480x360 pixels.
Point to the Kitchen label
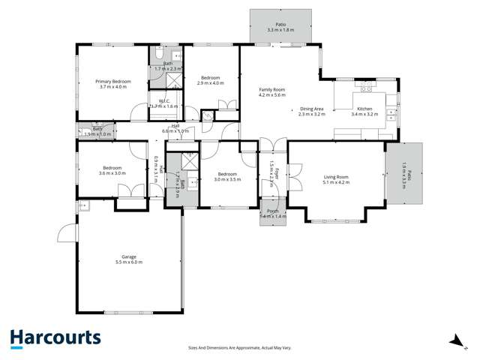click(364, 109)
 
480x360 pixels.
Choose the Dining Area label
click(312, 109)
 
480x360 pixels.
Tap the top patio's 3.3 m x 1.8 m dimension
click(280, 30)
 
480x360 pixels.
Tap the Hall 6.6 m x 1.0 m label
click(175, 129)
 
